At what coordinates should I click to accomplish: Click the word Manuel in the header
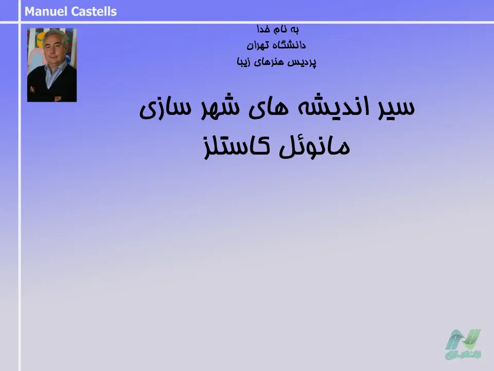click(46, 12)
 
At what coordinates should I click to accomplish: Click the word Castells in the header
click(94, 12)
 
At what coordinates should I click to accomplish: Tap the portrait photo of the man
click(52, 65)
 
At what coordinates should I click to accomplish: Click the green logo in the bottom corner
click(463, 344)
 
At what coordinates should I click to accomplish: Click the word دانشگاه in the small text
click(288, 45)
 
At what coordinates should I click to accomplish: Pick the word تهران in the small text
click(257, 45)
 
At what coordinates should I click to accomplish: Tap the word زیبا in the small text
click(243, 62)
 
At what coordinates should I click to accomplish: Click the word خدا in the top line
click(263, 29)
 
